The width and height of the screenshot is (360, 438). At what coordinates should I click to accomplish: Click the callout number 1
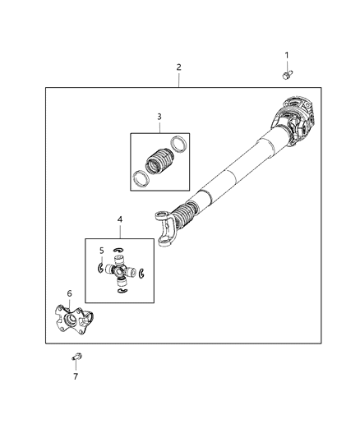click(x=287, y=56)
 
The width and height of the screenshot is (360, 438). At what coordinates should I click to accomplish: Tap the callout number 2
click(x=178, y=67)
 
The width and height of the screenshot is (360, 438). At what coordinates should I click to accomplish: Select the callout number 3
click(x=159, y=118)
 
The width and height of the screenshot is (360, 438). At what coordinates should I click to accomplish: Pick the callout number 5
click(x=102, y=251)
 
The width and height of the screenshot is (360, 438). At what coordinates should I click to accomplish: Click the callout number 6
click(x=70, y=293)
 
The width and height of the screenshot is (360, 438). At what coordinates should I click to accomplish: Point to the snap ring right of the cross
click(x=141, y=273)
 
